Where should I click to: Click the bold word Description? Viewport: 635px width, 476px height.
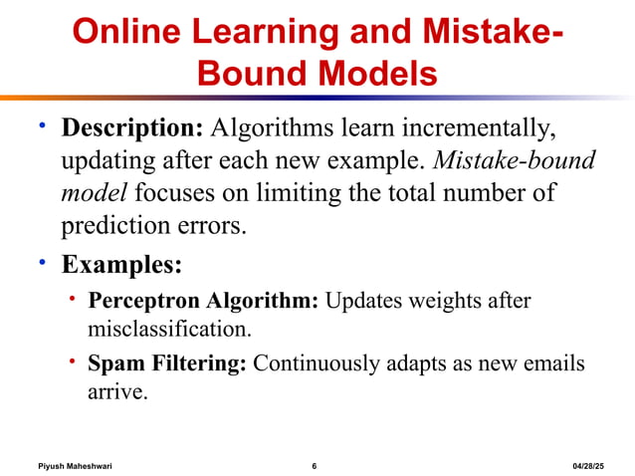point(132,129)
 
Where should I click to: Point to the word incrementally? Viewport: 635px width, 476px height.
point(472,129)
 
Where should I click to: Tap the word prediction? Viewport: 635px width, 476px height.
point(118,226)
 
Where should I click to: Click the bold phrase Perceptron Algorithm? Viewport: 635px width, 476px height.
point(203,301)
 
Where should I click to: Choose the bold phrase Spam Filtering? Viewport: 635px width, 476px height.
point(167,363)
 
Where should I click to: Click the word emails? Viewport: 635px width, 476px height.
point(555,363)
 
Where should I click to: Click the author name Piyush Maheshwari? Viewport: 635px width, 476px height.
point(75,466)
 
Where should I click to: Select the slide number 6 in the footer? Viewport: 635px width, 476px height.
point(314,466)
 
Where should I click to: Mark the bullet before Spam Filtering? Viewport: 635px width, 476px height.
point(73,359)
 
